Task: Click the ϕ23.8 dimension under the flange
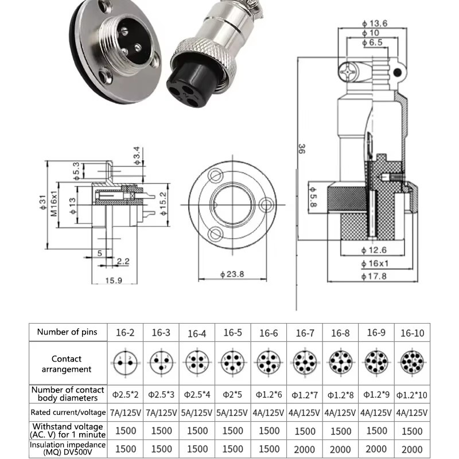[232, 274]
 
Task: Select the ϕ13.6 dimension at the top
[376, 23]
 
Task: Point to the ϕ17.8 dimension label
[376, 276]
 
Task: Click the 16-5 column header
[232, 332]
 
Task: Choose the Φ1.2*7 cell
[304, 395]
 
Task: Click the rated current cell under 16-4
[197, 413]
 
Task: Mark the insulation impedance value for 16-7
[304, 449]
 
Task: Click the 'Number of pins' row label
[68, 332]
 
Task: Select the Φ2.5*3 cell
[161, 395]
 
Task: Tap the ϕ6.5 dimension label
[376, 43]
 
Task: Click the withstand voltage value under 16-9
[376, 430]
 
